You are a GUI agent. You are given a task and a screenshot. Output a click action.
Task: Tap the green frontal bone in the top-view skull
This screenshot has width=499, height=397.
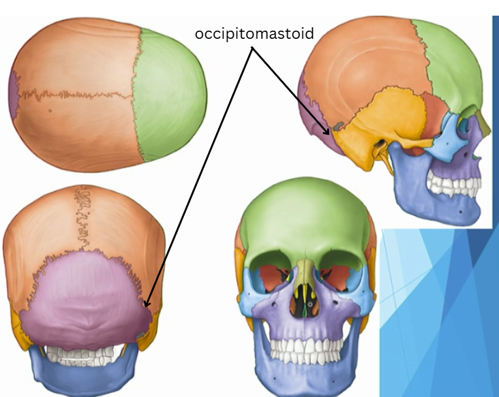170,95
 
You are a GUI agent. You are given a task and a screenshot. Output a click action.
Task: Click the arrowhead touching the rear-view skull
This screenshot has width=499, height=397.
147,304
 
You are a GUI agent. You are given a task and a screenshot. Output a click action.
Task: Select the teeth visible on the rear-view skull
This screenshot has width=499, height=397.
85,353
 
